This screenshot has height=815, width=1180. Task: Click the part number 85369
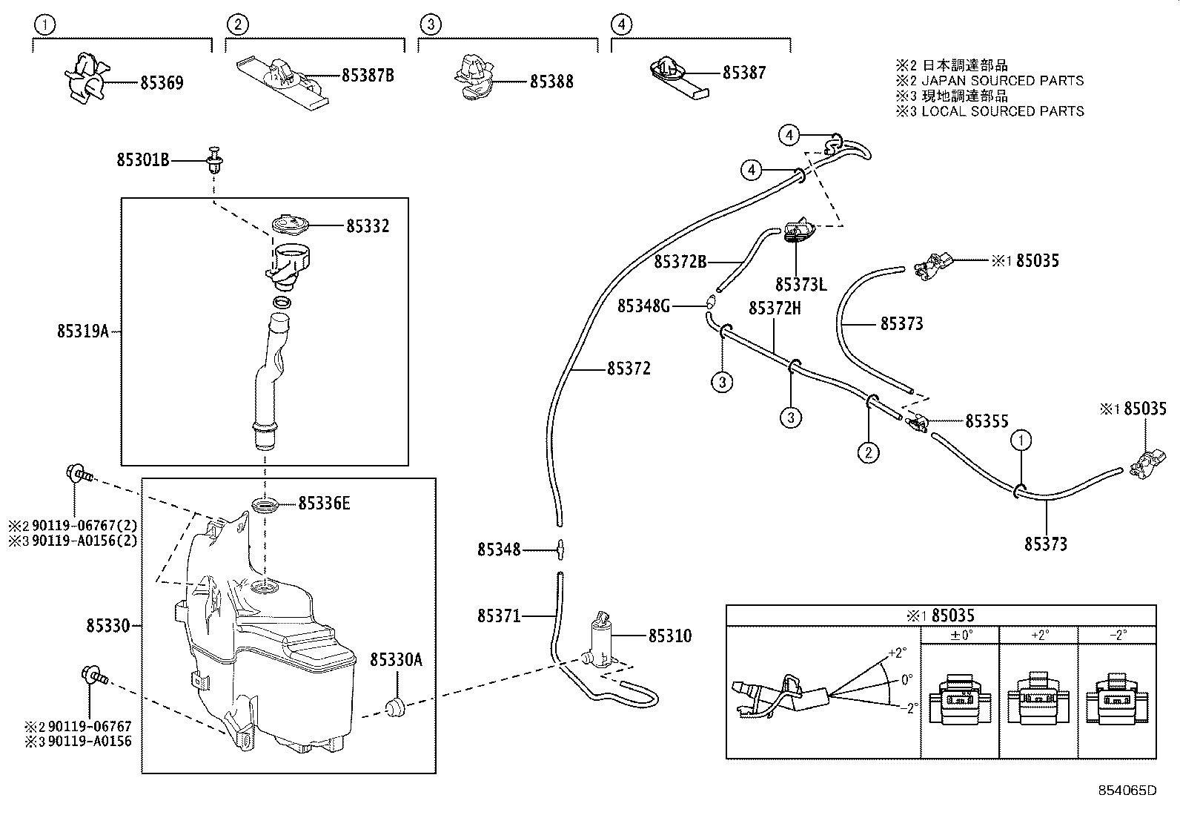pyautogui.click(x=162, y=83)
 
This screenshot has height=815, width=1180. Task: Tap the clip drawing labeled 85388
pyautogui.click(x=474, y=77)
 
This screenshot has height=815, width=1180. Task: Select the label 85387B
pyautogui.click(x=368, y=76)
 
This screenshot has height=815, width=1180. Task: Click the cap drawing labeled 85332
pyautogui.click(x=290, y=225)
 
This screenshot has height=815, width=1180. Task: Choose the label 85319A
pyautogui.click(x=83, y=331)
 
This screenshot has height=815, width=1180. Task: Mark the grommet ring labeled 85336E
pyautogui.click(x=266, y=504)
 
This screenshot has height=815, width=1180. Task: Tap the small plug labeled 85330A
pyautogui.click(x=395, y=707)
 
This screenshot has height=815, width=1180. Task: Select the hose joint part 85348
pyautogui.click(x=560, y=550)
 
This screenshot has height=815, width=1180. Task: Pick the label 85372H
pyautogui.click(x=775, y=308)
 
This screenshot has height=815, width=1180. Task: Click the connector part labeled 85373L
pyautogui.click(x=799, y=230)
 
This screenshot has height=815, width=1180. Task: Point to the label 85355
pyautogui.click(x=987, y=421)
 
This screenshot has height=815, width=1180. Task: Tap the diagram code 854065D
pyautogui.click(x=1127, y=791)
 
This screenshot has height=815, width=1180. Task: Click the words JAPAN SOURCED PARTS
pyautogui.click(x=1002, y=81)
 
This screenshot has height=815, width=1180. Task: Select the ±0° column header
pyautogui.click(x=961, y=635)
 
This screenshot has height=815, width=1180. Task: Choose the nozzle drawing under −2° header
pyautogui.click(x=1117, y=698)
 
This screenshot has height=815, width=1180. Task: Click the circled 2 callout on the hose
pyautogui.click(x=868, y=452)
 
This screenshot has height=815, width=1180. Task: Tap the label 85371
pyautogui.click(x=498, y=616)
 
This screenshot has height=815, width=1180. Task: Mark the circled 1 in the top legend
pyautogui.click(x=44, y=24)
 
